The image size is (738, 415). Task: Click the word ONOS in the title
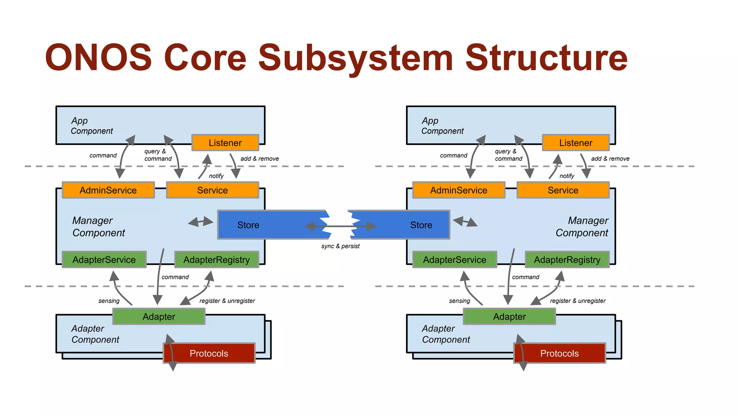(98, 58)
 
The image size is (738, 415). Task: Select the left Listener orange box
(225, 143)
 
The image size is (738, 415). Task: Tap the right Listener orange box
(575, 143)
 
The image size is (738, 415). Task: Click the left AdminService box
(108, 190)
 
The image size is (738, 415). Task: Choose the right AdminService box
(458, 190)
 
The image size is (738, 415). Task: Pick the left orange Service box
(212, 190)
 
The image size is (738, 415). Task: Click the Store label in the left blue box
(248, 225)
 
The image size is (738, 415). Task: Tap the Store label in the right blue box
(421, 225)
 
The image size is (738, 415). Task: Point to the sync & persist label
(340, 246)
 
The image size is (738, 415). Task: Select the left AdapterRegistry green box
(217, 260)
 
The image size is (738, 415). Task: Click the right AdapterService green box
(454, 260)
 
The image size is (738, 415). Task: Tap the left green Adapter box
(159, 317)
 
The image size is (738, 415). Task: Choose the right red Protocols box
(559, 353)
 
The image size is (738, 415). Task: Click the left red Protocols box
(209, 353)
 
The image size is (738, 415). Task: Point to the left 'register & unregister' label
(227, 301)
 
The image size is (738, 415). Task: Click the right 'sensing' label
(459, 301)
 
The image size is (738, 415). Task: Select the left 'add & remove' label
(259, 159)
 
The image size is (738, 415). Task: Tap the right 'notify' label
(567, 176)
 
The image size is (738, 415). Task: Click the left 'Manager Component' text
(98, 227)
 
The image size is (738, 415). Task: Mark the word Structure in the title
(546, 58)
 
